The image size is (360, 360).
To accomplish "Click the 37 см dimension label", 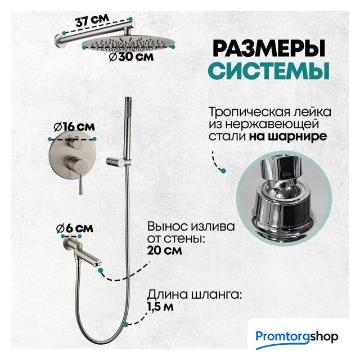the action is (x=92, y=21).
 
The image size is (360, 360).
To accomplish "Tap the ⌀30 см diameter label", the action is (x=131, y=57).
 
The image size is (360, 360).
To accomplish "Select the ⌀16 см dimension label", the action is (x=74, y=127).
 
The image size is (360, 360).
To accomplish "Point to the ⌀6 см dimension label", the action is (x=75, y=228).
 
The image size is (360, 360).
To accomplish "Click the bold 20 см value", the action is (x=164, y=250).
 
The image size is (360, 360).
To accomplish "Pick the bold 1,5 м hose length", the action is (x=160, y=307).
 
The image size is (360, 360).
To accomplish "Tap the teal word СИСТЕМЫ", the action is (x=270, y=70).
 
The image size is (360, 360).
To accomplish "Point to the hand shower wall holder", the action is (x=118, y=161).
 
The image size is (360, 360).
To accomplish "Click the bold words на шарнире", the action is (x=288, y=136).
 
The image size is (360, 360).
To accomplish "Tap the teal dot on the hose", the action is (x=126, y=325).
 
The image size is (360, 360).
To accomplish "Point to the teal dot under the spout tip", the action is (x=100, y=271).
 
